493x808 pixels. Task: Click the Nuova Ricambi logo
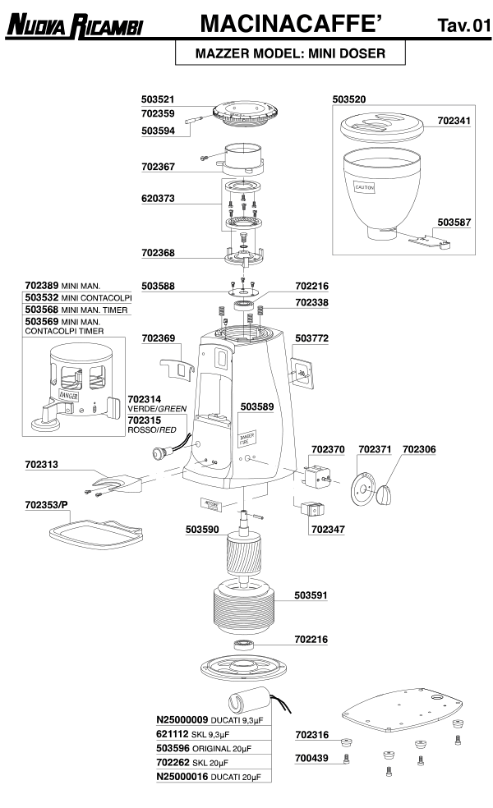(75, 27)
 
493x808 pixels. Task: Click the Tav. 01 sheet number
(463, 27)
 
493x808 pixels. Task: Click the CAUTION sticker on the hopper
(365, 187)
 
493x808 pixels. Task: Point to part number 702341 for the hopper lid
(454, 121)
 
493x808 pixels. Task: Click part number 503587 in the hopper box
(454, 223)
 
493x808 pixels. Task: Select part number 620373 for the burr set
(158, 199)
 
